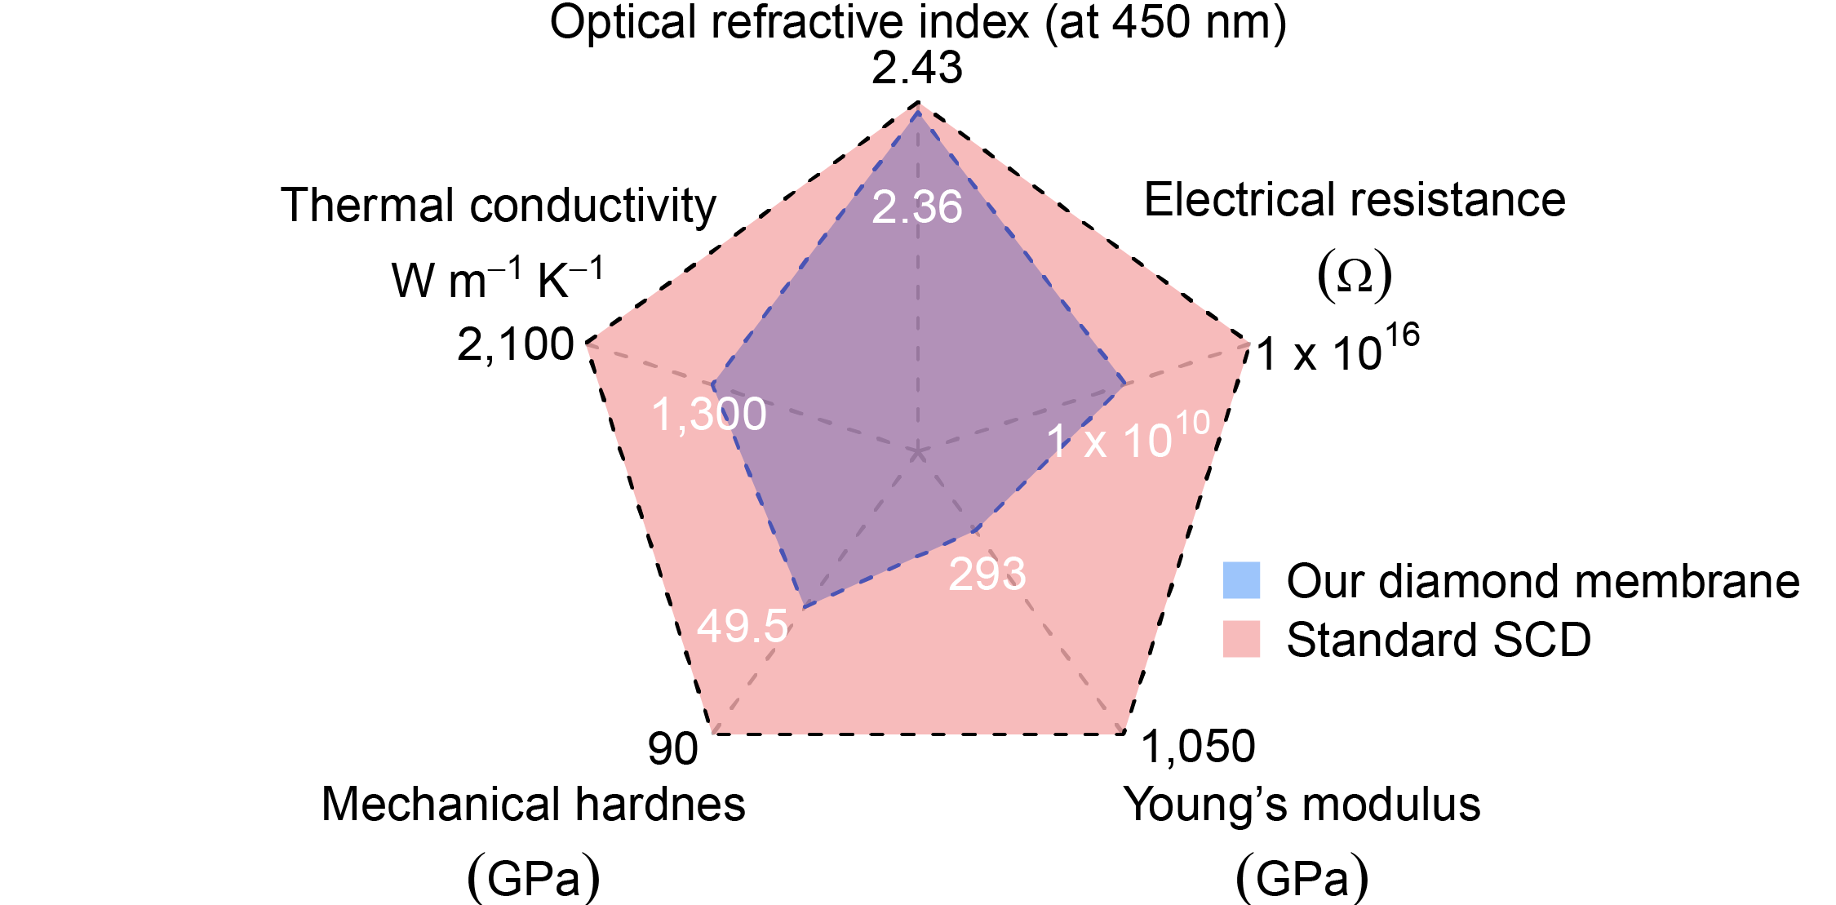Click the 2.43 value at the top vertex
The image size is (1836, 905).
(x=916, y=69)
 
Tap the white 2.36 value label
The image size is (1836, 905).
(x=916, y=207)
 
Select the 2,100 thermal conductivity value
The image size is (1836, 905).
(x=515, y=345)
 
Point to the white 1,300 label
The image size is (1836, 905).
(x=708, y=415)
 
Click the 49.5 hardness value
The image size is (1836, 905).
(x=742, y=627)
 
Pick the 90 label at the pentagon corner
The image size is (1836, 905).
(x=672, y=749)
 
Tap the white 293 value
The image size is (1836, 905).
(x=987, y=574)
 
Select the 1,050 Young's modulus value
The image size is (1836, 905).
(x=1198, y=747)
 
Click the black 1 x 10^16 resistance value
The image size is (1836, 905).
(x=1337, y=351)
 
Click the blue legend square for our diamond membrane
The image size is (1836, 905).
(x=1241, y=580)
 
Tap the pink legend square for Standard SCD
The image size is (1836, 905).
(x=1241, y=639)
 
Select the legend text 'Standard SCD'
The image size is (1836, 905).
(x=1439, y=640)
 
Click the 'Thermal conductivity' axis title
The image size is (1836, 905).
(x=498, y=205)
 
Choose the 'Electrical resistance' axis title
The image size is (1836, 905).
(x=1355, y=200)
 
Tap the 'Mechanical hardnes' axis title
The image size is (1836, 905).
(x=533, y=805)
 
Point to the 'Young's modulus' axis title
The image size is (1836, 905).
(x=1302, y=805)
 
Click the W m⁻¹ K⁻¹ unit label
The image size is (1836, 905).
(x=497, y=280)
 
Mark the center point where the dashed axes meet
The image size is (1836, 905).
(x=918, y=452)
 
